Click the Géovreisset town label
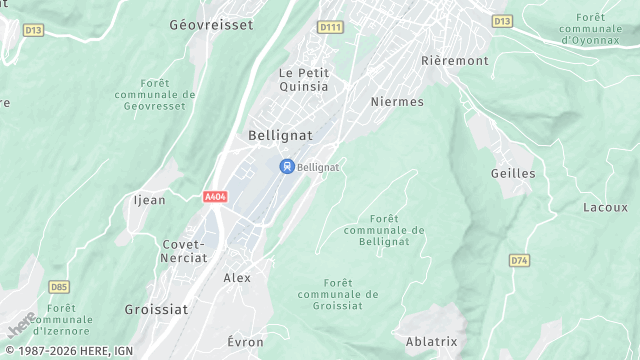point(211,24)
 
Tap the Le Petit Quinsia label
point(303,79)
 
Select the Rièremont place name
point(455,61)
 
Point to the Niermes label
point(397,102)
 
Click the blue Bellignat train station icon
point(286,167)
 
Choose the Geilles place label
point(513,174)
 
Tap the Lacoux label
point(605,207)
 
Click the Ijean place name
point(149,200)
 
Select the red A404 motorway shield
point(215,197)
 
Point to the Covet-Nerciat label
point(184,250)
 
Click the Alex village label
point(237,278)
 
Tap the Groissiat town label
point(155,310)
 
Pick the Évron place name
point(245,342)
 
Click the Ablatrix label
point(432,342)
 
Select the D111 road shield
point(329,26)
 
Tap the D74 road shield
point(519,261)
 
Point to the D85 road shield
point(59,287)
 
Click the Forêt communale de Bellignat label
point(384,230)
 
